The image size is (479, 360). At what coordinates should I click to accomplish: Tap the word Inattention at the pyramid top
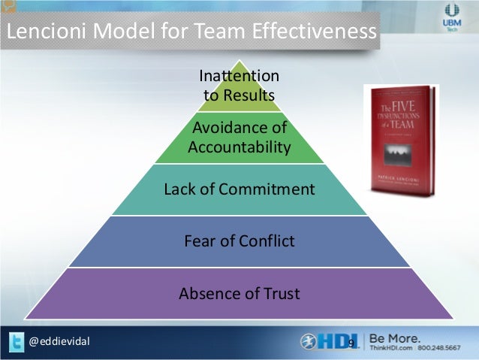pyautogui.click(x=239, y=76)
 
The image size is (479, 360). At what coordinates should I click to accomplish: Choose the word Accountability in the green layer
pyautogui.click(x=239, y=147)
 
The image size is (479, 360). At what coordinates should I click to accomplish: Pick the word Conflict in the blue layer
pyautogui.click(x=267, y=241)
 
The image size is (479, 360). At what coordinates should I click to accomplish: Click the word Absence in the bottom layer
pyautogui.click(x=206, y=293)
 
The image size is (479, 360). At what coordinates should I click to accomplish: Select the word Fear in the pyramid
pyautogui.click(x=200, y=241)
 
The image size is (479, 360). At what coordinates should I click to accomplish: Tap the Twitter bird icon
pyautogui.click(x=14, y=343)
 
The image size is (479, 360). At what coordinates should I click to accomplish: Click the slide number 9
pyautogui.click(x=351, y=343)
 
